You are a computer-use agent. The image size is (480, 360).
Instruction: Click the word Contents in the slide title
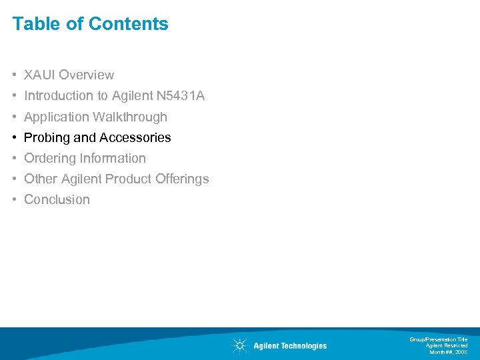click(128, 24)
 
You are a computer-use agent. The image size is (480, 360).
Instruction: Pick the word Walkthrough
click(130, 117)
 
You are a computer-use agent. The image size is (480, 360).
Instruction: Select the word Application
click(57, 117)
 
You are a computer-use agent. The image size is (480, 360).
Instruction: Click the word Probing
click(47, 138)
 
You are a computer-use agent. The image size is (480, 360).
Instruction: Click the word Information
click(113, 158)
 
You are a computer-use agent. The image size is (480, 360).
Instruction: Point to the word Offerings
click(182, 179)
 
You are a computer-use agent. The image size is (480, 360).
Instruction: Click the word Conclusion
click(57, 199)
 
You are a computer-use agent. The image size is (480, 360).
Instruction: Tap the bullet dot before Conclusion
click(14, 200)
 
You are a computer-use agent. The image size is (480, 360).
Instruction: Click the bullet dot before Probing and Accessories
click(14, 138)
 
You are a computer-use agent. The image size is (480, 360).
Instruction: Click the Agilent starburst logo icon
click(239, 345)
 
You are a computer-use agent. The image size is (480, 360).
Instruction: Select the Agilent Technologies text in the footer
click(290, 346)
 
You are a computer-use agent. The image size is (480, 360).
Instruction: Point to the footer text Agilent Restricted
click(447, 345)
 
